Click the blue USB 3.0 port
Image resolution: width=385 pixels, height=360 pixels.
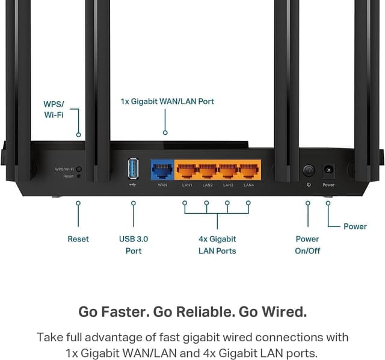click(x=134, y=168)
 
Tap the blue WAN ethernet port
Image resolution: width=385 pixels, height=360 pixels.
click(x=162, y=170)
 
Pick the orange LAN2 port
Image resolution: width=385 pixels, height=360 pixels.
click(x=208, y=170)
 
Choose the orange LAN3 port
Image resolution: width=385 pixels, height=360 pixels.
click(x=229, y=170)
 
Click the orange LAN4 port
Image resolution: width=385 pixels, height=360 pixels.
click(x=249, y=170)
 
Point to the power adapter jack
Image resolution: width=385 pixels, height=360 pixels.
click(x=328, y=170)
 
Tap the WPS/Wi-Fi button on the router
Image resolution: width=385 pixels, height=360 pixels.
click(x=79, y=169)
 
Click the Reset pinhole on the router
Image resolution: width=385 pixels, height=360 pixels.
click(x=78, y=176)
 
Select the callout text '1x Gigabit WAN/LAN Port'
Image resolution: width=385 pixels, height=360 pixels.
click(x=167, y=101)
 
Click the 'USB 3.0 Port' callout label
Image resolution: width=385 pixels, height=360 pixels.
click(x=134, y=244)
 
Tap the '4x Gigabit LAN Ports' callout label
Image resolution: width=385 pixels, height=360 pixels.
click(x=217, y=244)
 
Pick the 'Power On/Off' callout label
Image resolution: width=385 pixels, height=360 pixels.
click(x=307, y=244)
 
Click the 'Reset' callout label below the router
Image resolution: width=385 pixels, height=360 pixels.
click(x=78, y=239)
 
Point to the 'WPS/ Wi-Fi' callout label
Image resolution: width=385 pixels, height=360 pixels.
click(x=54, y=109)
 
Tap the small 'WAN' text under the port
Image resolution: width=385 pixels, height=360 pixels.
click(x=162, y=185)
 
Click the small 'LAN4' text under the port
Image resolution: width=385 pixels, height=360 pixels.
click(x=249, y=185)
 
